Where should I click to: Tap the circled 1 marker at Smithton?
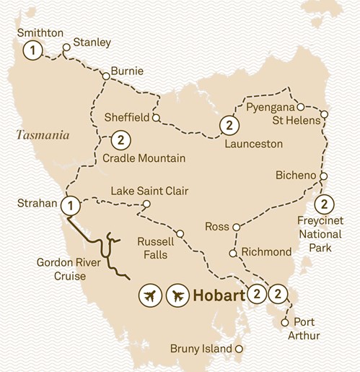pos(31,50)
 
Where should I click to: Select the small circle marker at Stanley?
pos(66,49)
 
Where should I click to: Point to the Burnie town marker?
pos(105,74)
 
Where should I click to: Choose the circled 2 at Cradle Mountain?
pos(120,139)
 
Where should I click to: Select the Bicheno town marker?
pos(324,176)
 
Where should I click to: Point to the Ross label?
pos(217,227)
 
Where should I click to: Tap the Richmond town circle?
pos(232,253)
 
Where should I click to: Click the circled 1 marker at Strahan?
pos(70,204)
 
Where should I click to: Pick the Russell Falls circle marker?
pos(180,233)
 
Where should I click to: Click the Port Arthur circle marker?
pos(286,321)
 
